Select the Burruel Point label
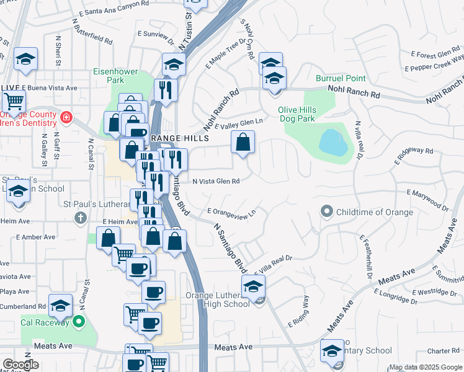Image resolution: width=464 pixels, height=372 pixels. point(341,79)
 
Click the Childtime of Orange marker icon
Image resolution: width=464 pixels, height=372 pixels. point(327,212)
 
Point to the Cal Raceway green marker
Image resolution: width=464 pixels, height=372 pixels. point(78,321)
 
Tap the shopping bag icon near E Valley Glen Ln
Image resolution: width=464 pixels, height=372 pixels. point(243,142)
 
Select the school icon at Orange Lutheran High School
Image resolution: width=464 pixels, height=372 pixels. point(252,287)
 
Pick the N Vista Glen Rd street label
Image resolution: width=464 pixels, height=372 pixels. point(216,182)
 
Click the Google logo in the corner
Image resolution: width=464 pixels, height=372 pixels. point(20,365)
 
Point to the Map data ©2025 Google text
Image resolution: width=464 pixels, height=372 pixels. point(425,368)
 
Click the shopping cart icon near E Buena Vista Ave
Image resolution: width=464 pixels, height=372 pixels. point(13,100)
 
